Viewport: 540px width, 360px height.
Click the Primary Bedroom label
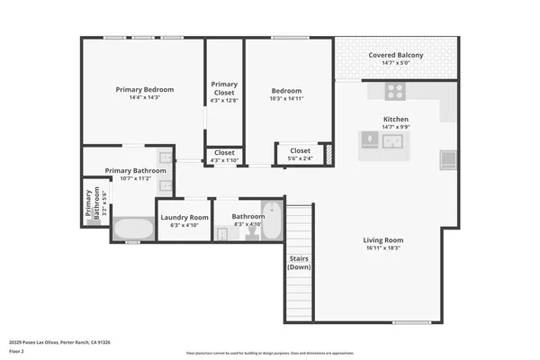(144, 89)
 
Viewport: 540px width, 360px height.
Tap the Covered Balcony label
(396, 55)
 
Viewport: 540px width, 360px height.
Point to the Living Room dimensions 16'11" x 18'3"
(382, 249)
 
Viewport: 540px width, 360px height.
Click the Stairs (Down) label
(299, 262)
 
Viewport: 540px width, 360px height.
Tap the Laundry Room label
(184, 217)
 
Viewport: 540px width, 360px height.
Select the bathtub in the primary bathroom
(134, 229)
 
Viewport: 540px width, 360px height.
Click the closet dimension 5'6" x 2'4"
(300, 159)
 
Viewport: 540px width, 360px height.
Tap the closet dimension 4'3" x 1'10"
(223, 160)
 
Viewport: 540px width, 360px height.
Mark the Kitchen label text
(396, 119)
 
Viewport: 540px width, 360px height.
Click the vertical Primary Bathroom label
(92, 204)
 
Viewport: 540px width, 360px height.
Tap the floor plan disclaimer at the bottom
(270, 353)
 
